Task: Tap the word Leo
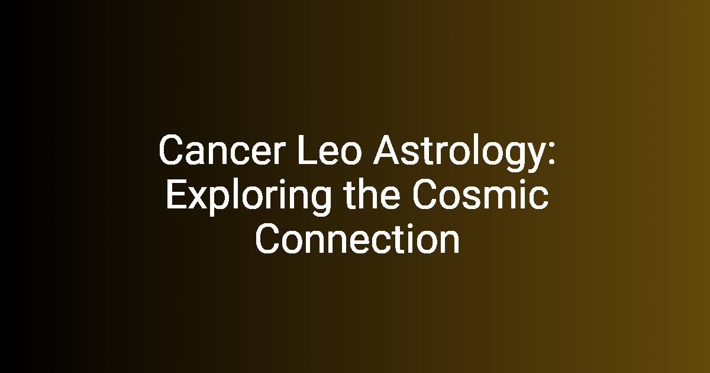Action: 330,150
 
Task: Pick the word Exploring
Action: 248,197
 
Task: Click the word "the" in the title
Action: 372,194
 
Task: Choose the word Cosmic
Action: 480,194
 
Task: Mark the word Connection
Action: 357,239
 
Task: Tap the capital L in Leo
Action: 307,150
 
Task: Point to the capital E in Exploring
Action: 176,194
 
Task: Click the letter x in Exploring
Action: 201,198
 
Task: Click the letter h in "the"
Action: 366,194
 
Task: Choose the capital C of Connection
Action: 269,239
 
